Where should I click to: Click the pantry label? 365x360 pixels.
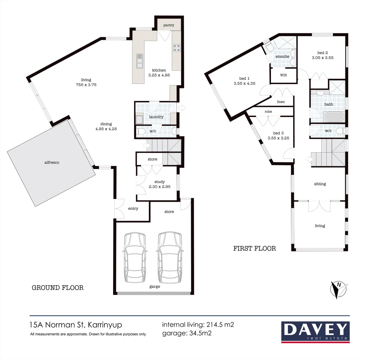[x=168, y=25]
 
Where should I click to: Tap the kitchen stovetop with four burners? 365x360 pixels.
[x=176, y=48]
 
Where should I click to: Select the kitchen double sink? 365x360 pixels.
[x=139, y=61]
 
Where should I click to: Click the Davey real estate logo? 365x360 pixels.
[x=315, y=332]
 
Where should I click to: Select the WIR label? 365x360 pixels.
[x=283, y=75]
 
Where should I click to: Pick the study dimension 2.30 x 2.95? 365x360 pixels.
[x=159, y=187]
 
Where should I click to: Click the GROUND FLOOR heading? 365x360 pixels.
[x=57, y=288]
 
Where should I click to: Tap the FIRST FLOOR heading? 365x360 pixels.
[x=255, y=248]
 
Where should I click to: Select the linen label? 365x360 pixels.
[x=281, y=102]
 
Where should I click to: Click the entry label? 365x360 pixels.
[x=133, y=209]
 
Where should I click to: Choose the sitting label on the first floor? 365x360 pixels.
[x=320, y=184]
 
